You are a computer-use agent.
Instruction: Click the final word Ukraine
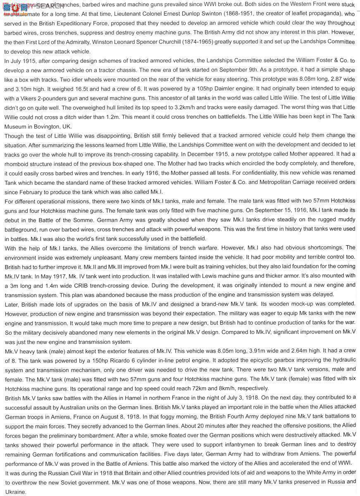[x=15, y=492]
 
